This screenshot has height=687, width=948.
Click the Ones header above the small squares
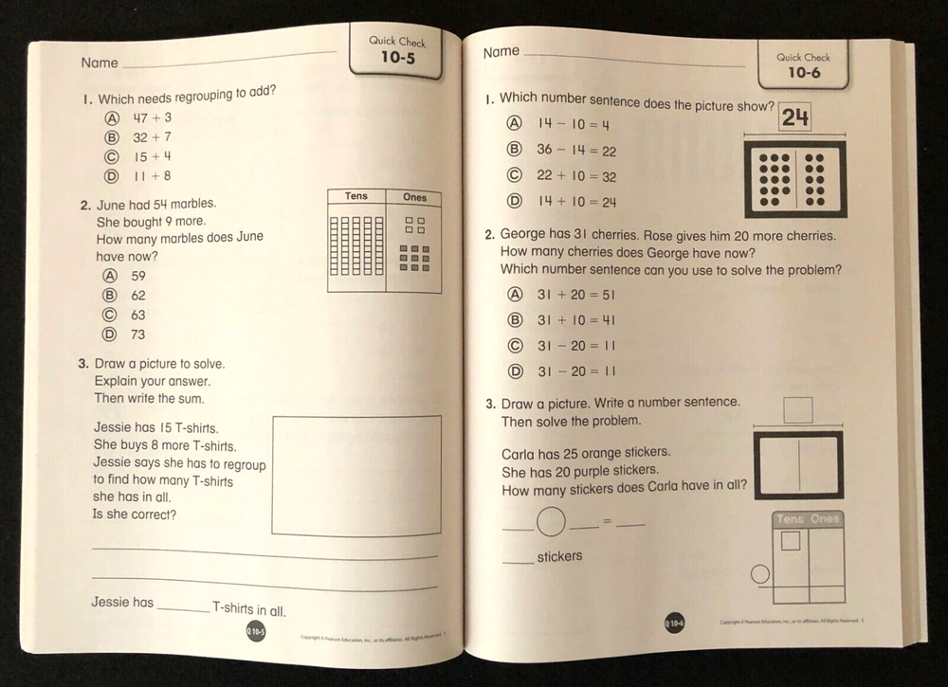click(414, 198)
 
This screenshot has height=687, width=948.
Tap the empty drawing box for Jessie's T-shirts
click(356, 476)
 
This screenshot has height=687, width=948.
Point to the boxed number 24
click(795, 118)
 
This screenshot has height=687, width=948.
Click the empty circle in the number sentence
click(551, 520)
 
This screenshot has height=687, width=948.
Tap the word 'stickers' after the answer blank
click(559, 556)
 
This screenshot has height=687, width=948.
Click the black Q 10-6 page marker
click(673, 622)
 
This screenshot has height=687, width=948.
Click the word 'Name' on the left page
click(100, 63)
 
